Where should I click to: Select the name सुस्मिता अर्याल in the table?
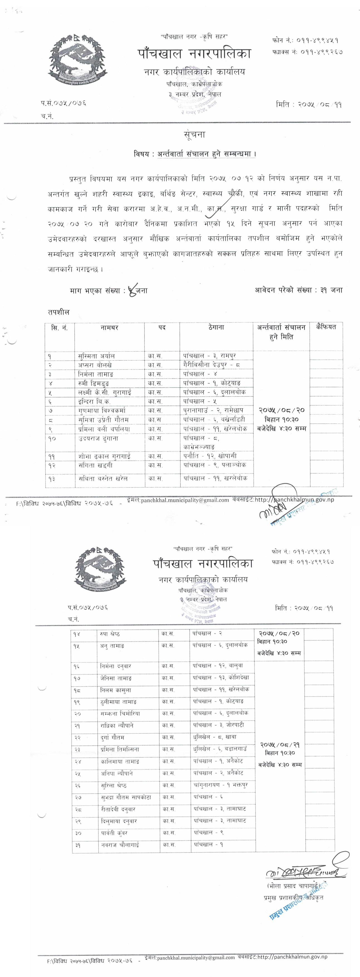96,356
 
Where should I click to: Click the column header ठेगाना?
216,327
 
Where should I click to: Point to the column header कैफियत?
326,327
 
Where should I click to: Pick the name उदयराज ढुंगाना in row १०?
98,438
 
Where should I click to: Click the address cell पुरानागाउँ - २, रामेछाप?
213,410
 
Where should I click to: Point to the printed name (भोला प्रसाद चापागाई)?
293,886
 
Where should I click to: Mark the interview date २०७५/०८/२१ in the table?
279,744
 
